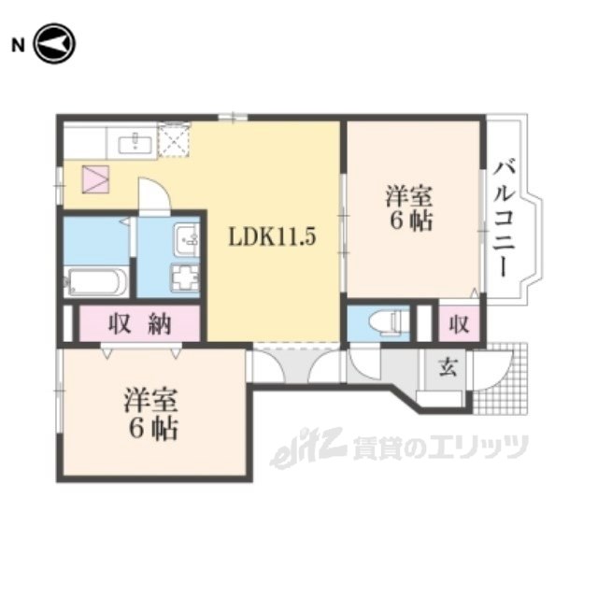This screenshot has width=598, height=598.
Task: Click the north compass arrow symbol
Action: pos(54,45)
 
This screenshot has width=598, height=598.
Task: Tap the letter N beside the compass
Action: pos(16,45)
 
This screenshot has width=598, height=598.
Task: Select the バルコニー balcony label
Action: pos(505,217)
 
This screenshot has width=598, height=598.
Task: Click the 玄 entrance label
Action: pos(448,367)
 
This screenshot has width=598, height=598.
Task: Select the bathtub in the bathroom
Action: pos(96,281)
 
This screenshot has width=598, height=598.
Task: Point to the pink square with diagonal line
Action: pos(95,178)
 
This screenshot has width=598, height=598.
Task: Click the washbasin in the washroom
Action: pos(187,242)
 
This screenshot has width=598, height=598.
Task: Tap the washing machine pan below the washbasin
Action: pos(185,278)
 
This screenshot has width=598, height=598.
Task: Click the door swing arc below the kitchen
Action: pos(155,195)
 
